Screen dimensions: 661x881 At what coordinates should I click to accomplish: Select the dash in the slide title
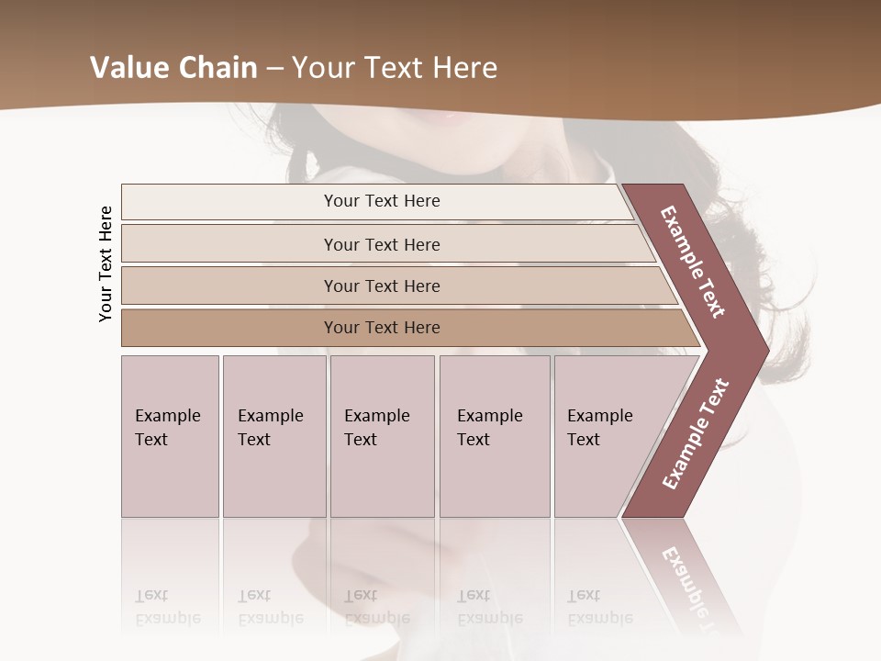274,68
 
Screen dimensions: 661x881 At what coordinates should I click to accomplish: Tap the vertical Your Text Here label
106,264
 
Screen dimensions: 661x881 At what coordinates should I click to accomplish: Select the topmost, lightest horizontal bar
382,201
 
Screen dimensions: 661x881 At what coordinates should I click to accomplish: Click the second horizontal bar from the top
382,244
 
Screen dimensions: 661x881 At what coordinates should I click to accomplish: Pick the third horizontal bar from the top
382,286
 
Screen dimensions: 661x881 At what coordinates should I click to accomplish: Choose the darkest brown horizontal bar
382,328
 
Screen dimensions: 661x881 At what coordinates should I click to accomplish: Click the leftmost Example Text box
170,435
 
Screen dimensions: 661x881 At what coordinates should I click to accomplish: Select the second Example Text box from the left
273,435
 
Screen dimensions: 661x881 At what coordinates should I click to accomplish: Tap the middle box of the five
382,435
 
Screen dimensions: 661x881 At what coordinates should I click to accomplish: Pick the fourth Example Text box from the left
494,435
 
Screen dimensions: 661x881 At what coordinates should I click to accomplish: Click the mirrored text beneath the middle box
376,608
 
